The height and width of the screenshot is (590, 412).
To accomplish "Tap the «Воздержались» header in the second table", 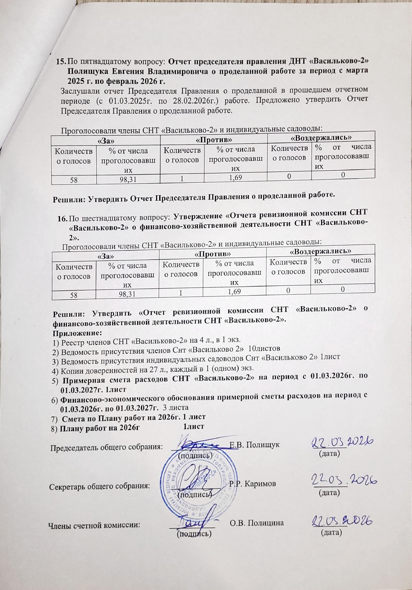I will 320,251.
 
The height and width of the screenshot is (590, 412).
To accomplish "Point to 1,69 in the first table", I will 235,178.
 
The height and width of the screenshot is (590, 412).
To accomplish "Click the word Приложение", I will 74,332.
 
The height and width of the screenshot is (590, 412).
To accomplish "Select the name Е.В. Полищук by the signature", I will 254,445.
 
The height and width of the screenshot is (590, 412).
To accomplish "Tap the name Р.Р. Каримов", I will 252,483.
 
